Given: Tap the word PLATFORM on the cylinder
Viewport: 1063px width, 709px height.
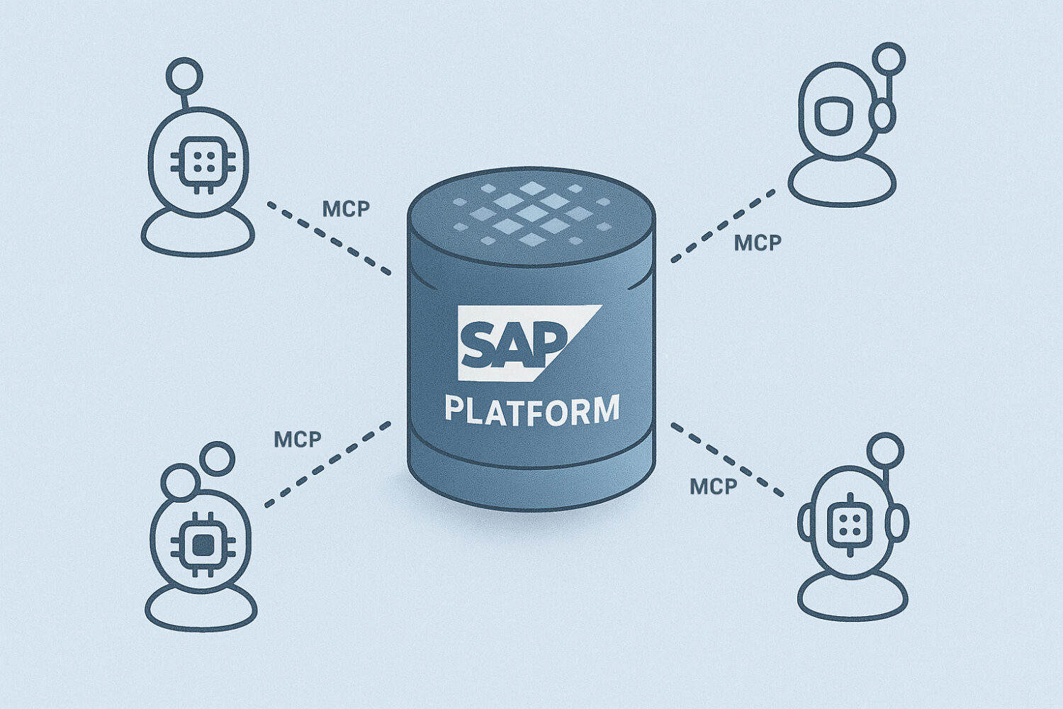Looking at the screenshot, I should pyautogui.click(x=531, y=411).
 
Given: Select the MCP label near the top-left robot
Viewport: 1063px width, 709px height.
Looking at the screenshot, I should pyautogui.click(x=346, y=209).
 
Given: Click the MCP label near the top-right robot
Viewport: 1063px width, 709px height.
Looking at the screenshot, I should pyautogui.click(x=757, y=243).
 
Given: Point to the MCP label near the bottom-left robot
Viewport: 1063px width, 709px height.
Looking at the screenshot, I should pyautogui.click(x=298, y=440).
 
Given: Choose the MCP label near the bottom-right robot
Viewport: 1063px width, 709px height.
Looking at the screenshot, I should pyautogui.click(x=713, y=486).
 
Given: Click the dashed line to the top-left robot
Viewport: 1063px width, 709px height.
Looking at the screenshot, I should pyautogui.click(x=330, y=238).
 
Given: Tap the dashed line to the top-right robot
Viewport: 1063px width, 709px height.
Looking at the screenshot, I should pyautogui.click(x=723, y=225).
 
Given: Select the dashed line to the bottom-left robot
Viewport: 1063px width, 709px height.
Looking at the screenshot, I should pyautogui.click(x=327, y=464).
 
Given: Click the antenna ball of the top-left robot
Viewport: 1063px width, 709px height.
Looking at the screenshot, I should pyautogui.click(x=184, y=75).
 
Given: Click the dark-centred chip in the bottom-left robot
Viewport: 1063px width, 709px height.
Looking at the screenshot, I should pyautogui.click(x=203, y=545).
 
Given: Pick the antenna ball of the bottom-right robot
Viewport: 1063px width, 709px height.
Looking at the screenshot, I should pyautogui.click(x=885, y=450).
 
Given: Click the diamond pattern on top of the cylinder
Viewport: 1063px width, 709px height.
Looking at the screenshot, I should pyautogui.click(x=531, y=213).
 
